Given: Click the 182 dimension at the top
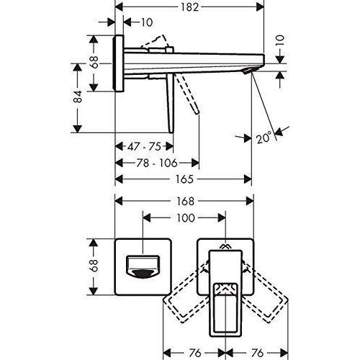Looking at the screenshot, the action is tap(189, 7).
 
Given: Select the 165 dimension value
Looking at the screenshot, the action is tap(184, 179).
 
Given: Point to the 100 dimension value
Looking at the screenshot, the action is tap(186, 218).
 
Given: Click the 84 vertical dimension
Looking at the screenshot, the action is tap(78, 96).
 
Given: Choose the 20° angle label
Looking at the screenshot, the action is tap(264, 138).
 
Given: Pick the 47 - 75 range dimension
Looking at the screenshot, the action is tap(144, 146).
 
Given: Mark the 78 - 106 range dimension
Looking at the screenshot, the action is tap(157, 163).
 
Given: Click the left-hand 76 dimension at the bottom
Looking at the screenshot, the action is tap(195, 353).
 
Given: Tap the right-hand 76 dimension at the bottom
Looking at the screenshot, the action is tap(257, 353).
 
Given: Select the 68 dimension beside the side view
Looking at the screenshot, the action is tap(94, 62).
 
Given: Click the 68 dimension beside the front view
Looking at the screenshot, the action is tap(94, 265).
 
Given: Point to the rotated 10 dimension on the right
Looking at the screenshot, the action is tap(280, 40).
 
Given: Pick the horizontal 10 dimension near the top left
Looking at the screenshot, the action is tap(146, 22).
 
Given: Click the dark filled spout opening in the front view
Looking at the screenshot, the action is tap(143, 274).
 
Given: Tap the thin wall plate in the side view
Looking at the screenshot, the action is tap(120, 63).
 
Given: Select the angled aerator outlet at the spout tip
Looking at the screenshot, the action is tap(247, 71).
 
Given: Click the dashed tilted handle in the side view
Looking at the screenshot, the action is tap(188, 94).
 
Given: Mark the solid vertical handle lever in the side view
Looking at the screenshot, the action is tap(170, 103).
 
